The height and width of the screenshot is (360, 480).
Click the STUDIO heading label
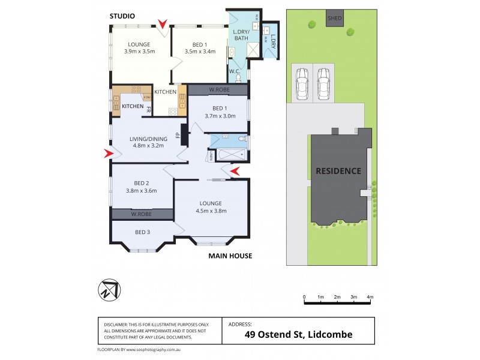122,16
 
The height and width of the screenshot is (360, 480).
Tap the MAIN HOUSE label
230,256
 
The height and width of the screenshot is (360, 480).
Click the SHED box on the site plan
335,18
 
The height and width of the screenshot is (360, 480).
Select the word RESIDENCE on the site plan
339,171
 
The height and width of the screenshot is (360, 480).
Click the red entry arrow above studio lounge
163,25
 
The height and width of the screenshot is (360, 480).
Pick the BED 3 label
142,232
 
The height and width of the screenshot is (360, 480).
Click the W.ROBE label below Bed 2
142,214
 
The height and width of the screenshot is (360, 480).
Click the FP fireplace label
178,136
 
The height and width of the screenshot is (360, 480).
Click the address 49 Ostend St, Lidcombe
298,335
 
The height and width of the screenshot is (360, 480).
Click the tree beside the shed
312,25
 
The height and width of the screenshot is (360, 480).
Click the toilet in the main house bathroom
241,140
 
